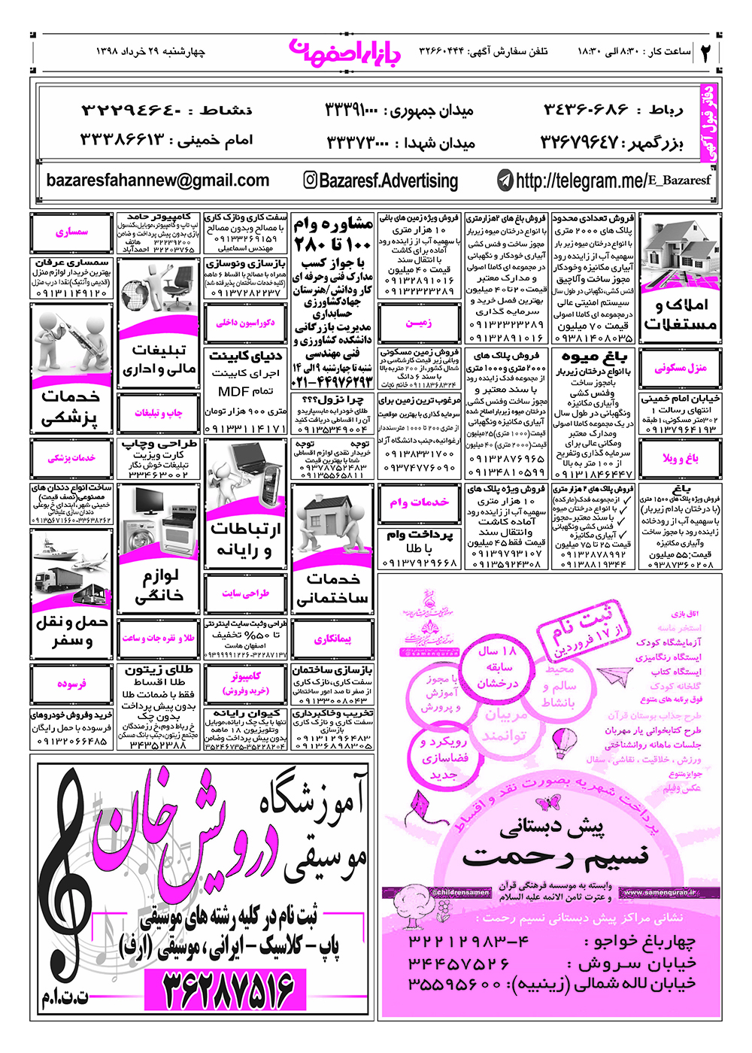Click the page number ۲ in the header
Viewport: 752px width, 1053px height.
pyautogui.click(x=707, y=53)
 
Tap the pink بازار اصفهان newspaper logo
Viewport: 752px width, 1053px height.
pyautogui.click(x=345, y=50)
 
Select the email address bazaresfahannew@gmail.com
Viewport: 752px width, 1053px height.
pyautogui.click(x=157, y=181)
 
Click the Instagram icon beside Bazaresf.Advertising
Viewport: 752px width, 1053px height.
pyautogui.click(x=310, y=181)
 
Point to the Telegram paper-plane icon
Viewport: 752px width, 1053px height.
pyautogui.click(x=505, y=181)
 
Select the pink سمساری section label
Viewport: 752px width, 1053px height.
pyautogui.click(x=71, y=232)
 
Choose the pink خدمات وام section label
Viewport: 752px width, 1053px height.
pyautogui.click(x=418, y=502)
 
